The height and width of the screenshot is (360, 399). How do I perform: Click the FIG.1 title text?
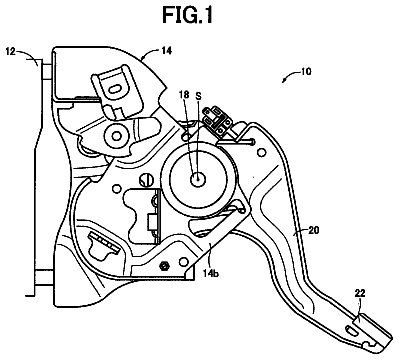187,15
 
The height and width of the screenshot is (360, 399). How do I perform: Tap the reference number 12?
11,52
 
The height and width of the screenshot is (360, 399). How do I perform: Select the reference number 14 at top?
166,51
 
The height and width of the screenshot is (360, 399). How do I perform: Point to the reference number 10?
306,71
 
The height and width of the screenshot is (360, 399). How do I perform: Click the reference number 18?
183,96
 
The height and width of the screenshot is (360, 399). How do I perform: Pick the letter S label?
198,96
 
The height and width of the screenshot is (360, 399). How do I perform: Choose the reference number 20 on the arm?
314,230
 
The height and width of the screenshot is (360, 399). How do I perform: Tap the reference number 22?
360,293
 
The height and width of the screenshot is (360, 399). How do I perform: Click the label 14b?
211,274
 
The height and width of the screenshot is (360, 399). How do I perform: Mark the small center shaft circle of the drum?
198,180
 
